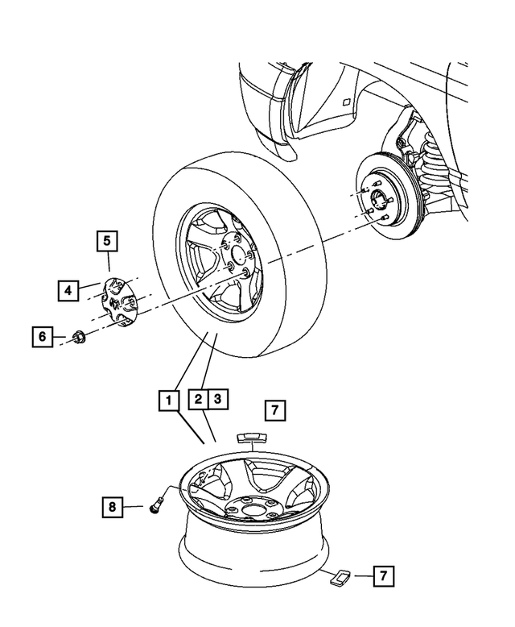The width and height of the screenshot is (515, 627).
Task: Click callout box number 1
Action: tap(167, 399)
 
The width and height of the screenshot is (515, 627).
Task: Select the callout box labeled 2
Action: tap(197, 399)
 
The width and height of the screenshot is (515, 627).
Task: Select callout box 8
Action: tap(113, 507)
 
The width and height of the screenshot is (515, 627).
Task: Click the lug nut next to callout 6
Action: tap(80, 337)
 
